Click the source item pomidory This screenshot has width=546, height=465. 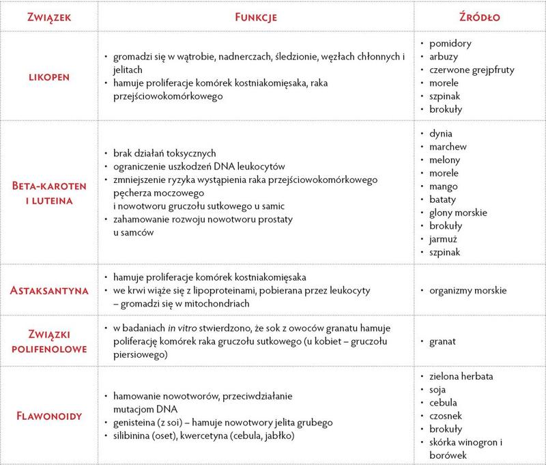[x=451, y=43]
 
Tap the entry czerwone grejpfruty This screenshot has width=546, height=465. [x=472, y=70]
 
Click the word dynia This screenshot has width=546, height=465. [x=441, y=134]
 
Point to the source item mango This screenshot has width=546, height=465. [x=444, y=186]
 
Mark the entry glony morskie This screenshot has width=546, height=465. [x=458, y=212]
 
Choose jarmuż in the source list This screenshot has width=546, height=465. [x=445, y=239]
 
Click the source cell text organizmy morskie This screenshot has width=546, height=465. [x=468, y=290]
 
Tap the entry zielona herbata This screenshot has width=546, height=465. [x=461, y=376]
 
